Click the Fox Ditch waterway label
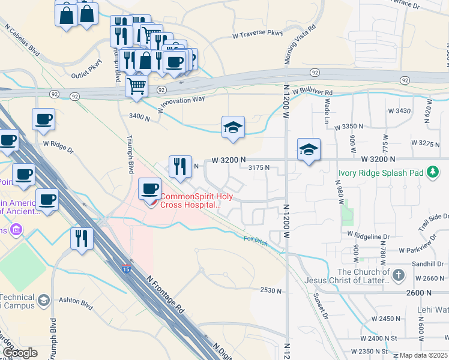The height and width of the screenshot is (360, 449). (256, 239)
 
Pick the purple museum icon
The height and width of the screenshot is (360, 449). (16, 230)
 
